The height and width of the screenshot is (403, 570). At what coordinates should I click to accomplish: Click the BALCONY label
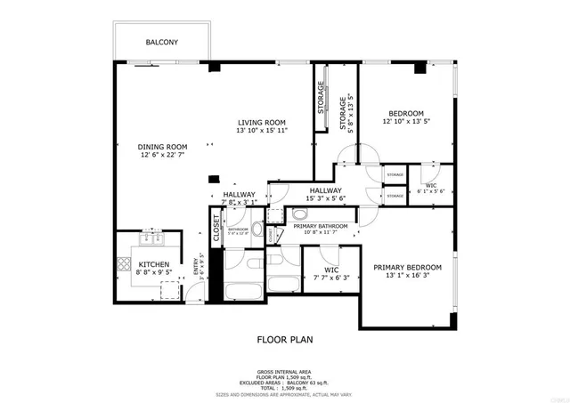point(162,42)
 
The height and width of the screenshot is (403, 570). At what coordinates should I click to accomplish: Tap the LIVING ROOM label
point(261,122)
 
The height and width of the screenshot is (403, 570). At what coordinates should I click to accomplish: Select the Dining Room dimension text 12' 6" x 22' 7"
point(162,156)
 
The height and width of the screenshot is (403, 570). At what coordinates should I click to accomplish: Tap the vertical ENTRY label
point(196,266)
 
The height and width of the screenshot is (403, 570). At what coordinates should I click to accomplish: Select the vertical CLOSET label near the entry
point(216,228)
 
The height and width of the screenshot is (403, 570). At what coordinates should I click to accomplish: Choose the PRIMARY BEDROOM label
point(407,267)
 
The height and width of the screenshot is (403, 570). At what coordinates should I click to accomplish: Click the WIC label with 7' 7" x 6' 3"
point(331,269)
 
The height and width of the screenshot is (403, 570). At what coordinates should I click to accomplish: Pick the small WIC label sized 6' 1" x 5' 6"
point(431,184)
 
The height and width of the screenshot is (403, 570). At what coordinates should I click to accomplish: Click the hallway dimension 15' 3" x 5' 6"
point(326,197)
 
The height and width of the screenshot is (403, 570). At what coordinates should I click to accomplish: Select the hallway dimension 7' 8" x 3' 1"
point(239,202)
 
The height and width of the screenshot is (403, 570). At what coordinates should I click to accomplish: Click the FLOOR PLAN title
point(285,339)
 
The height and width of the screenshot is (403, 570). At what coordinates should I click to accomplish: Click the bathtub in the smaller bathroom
point(240,291)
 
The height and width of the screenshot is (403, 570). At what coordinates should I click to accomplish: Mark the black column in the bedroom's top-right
point(421,66)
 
